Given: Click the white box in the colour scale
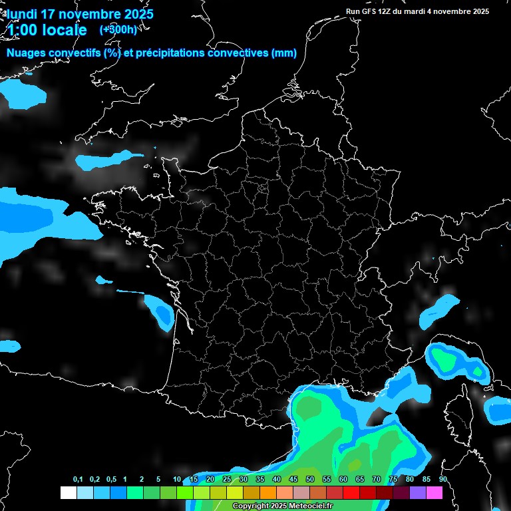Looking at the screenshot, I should (68, 492).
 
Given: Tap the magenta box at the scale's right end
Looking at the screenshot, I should (434, 492).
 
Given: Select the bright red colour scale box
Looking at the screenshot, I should (351, 492).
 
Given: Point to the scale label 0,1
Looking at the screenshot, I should (78, 480).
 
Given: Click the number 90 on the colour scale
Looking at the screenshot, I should (442, 480).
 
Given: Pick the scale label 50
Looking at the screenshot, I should (310, 480).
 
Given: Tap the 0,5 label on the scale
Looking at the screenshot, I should (110, 480).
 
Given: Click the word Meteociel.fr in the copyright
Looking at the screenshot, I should (308, 506).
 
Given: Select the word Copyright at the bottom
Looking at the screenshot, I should (251, 506).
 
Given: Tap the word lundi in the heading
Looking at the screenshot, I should (23, 14).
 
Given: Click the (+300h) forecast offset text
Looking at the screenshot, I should (118, 30).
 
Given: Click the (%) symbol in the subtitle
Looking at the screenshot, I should (112, 53).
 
